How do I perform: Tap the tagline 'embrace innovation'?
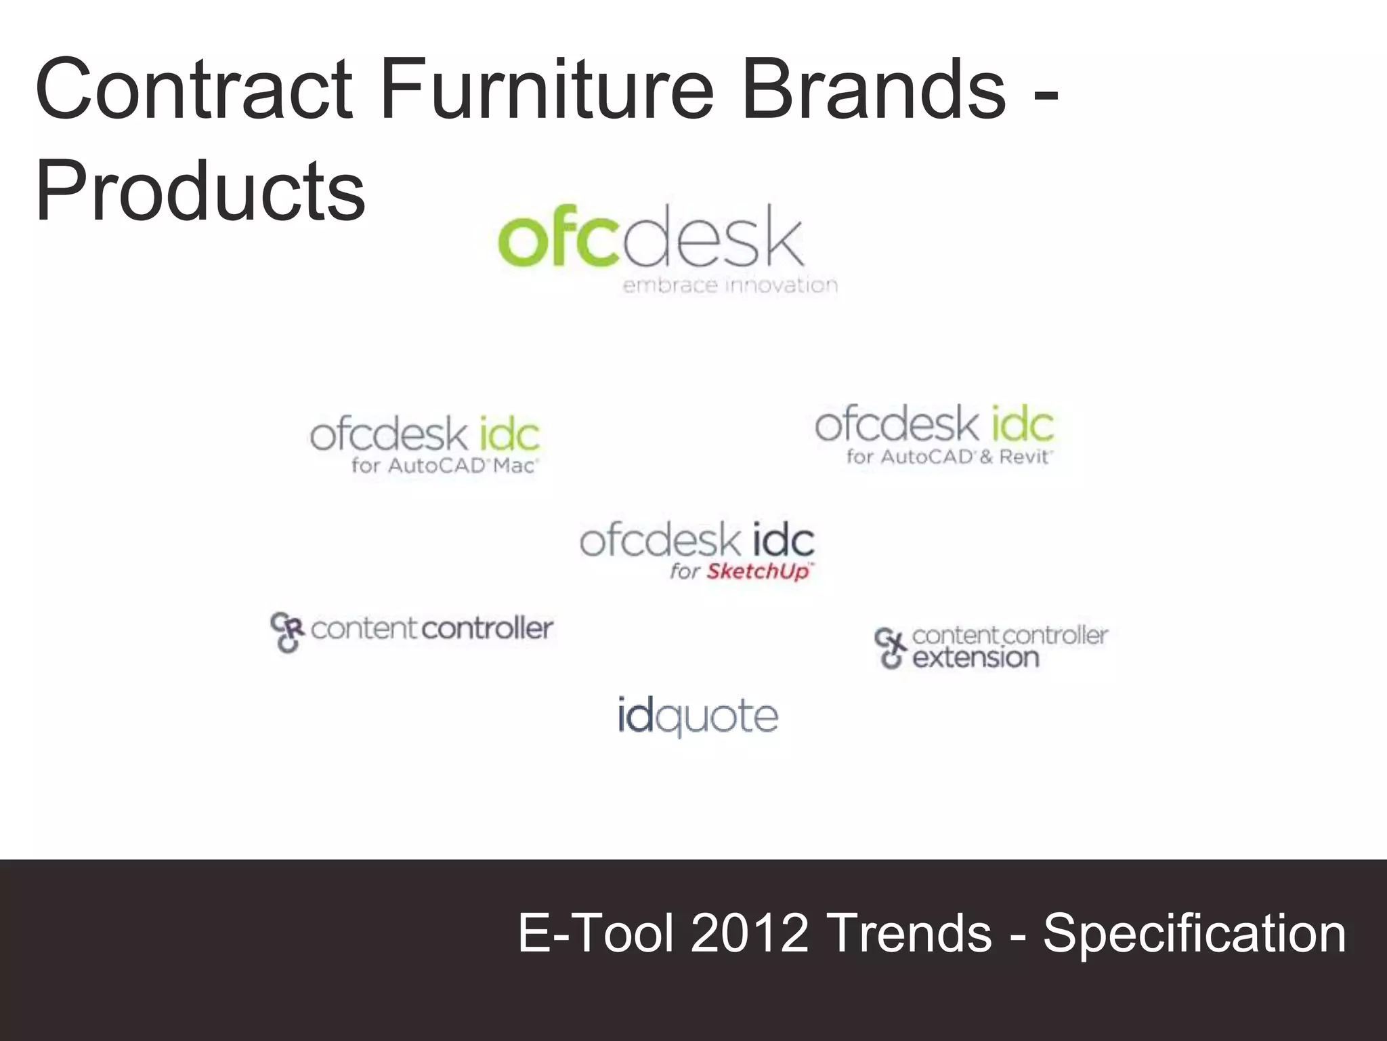click(x=730, y=285)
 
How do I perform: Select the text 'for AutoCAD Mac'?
click(x=444, y=466)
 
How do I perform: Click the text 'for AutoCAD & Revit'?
click(x=949, y=457)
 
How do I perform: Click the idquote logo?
click(x=698, y=716)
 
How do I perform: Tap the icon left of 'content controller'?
click(x=286, y=632)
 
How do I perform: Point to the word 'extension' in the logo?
click(x=975, y=657)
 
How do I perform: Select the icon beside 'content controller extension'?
click(x=890, y=647)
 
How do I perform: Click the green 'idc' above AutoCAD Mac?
click(x=509, y=434)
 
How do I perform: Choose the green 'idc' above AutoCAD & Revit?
click(x=1023, y=424)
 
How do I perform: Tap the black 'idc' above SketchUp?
click(x=783, y=541)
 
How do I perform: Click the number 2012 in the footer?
click(x=749, y=933)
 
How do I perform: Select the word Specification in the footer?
click(x=1194, y=933)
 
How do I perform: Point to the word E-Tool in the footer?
click(x=596, y=933)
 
